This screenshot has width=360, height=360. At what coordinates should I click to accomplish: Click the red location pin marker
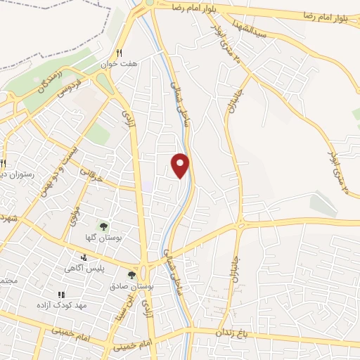tap(181, 165)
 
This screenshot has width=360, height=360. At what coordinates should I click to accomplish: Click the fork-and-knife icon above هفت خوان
tap(120, 53)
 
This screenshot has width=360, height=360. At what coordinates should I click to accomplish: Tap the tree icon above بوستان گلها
tap(103, 226)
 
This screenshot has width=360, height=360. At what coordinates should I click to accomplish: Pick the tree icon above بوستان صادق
tap(131, 274)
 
